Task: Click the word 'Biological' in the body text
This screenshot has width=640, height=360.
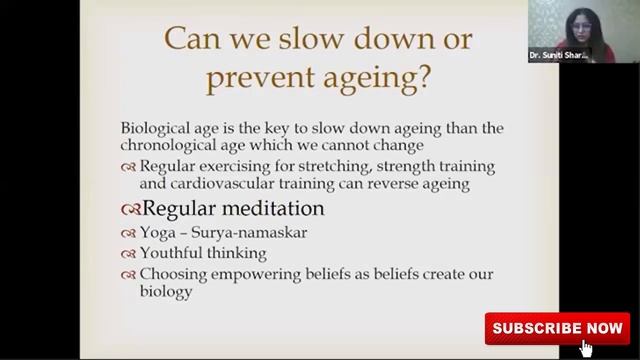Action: [158, 130]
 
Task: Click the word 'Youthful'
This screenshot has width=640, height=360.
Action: [173, 253]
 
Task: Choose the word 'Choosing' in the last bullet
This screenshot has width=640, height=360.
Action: [173, 274]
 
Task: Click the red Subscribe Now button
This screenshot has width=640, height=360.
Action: [556, 328]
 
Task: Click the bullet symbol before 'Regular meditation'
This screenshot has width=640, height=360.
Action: [130, 210]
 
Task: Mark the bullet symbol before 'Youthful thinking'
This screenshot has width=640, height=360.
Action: [129, 254]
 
